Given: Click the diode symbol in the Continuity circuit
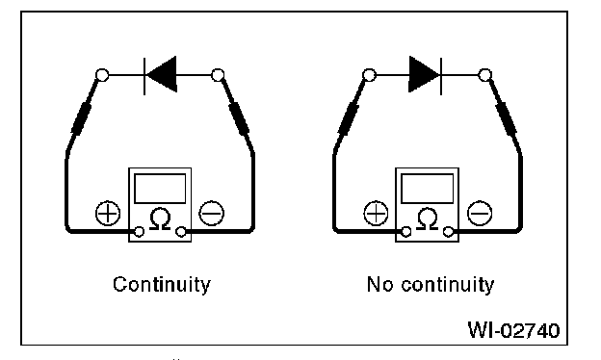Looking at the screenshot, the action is tap(161, 75).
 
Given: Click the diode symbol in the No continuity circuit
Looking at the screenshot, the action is tap(426, 75).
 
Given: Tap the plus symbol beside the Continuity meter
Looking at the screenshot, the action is tap(108, 214).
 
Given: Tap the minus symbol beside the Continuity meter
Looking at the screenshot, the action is tap(212, 214).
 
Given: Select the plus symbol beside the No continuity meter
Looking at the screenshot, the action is tap(376, 214).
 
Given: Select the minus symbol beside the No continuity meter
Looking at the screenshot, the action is tap(480, 214).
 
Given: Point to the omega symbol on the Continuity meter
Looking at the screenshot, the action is tap(160, 219).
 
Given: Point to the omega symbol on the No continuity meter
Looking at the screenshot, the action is tap(427, 219).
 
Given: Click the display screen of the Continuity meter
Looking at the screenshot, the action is tap(160, 189).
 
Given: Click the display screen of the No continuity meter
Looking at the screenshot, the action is tap(427, 189).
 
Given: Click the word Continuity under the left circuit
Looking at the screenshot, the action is tap(162, 285).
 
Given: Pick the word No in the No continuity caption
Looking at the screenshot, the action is tap(379, 285).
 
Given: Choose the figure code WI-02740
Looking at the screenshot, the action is tap(513, 330).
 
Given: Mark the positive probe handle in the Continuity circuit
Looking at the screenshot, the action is tap(82, 117).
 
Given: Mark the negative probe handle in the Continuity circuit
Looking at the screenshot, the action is tap(239, 117).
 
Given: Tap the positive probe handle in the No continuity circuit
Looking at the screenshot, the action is tap(349, 117).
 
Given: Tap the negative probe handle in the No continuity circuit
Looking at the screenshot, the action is tap(506, 117).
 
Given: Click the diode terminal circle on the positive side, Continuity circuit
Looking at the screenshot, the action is tap(102, 75).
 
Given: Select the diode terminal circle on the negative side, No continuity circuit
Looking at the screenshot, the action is tap(485, 75).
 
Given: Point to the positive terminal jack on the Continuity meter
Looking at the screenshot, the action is tap(139, 232).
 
